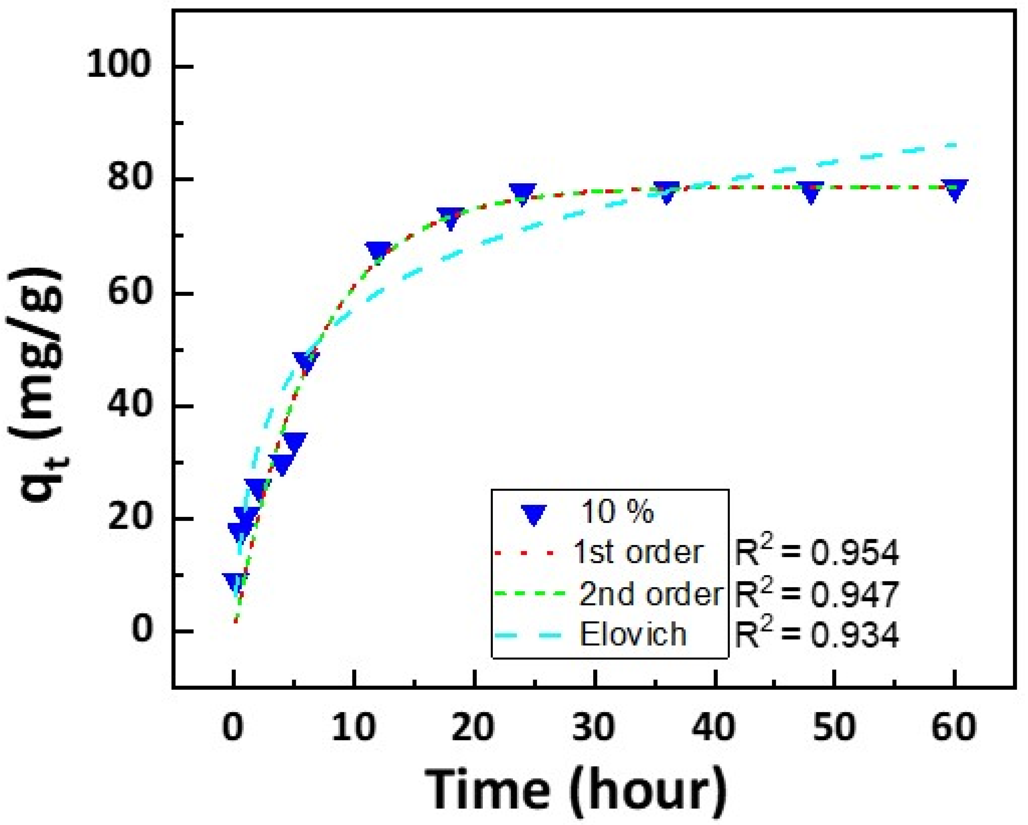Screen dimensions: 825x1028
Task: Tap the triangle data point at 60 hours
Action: (x=954, y=190)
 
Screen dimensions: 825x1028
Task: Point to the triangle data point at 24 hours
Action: (x=523, y=192)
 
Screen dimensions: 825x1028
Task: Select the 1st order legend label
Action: (x=639, y=553)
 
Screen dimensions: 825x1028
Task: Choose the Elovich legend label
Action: (x=633, y=634)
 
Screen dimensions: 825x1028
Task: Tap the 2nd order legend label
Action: (x=651, y=594)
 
